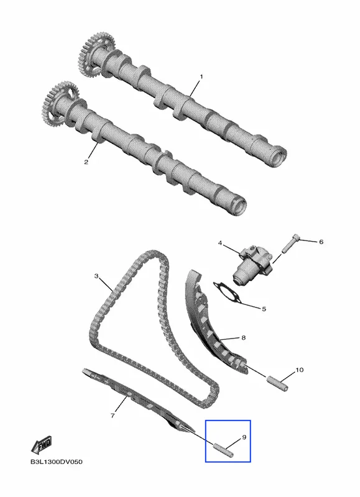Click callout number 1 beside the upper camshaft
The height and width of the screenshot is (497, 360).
tap(201, 76)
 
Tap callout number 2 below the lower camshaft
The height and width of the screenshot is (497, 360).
tap(86, 162)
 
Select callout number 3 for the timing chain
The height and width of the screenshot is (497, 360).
tap(96, 276)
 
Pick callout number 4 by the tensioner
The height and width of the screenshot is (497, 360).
tap(220, 243)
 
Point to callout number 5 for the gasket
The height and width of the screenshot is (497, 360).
tap(264, 309)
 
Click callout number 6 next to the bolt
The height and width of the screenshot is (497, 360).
tap(321, 242)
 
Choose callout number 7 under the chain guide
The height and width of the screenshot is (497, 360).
tap(113, 415)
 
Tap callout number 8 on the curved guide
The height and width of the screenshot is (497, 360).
tap(244, 338)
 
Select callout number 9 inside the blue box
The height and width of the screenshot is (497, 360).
tap(244, 437)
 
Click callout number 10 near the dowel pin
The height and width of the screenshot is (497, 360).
tap(300, 370)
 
